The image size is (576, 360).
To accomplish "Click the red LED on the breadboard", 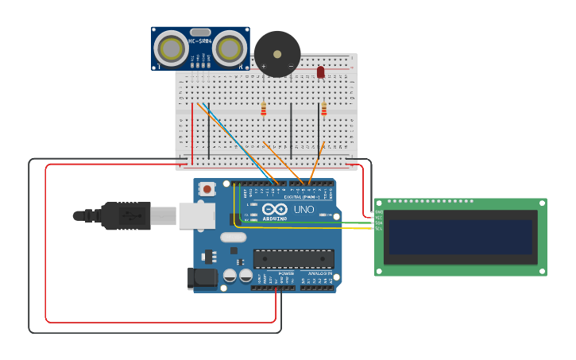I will tap(321, 72).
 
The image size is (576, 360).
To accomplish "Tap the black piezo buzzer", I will tap(277, 54).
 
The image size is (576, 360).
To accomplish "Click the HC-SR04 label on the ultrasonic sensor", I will tap(199, 41).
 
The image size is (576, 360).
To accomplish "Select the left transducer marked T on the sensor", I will tap(171, 49).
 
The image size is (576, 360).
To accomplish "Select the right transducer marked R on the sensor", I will tap(230, 49).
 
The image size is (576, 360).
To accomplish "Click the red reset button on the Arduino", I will tap(207, 189).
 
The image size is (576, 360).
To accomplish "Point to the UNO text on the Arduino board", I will tap(303, 210).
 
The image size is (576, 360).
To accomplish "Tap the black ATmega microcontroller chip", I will tap(293, 258).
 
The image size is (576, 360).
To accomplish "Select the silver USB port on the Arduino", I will tap(195, 215).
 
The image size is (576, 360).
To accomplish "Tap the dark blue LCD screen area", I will tap(460, 237).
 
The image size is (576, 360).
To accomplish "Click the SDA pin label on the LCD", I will tap(379, 223).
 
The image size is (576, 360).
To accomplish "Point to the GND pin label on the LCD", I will tap(379, 211).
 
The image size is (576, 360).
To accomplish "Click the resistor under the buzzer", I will tap(264, 109).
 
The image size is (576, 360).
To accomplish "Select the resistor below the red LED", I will tap(323, 110).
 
